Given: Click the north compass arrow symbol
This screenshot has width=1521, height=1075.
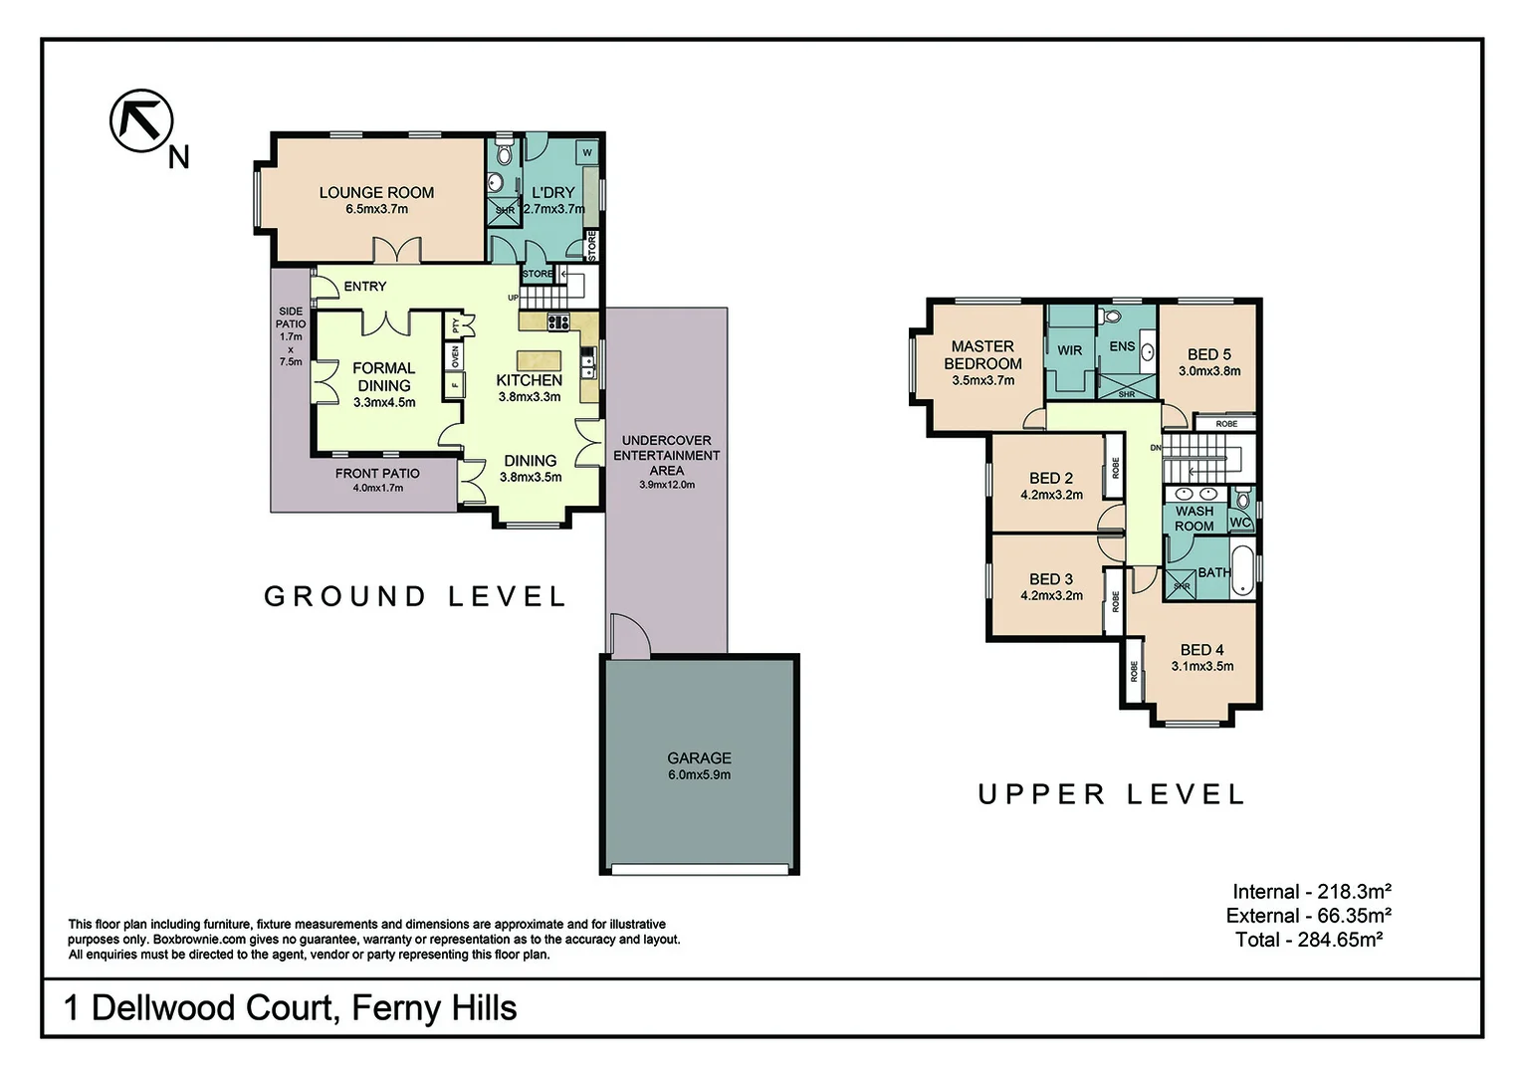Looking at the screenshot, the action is point(141,120).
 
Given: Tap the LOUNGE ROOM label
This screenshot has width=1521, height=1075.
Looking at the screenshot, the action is point(377,193).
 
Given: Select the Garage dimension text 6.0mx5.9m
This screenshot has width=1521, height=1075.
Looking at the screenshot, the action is point(700,774).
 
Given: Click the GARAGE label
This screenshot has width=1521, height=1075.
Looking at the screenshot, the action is point(700,757).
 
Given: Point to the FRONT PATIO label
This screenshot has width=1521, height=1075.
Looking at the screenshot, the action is point(377,474).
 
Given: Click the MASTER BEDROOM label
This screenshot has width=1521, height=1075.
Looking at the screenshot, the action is point(982,355).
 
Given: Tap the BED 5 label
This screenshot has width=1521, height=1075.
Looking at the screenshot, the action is point(1209,354).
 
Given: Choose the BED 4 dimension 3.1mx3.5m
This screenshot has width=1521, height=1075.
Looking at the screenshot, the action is point(1202,666).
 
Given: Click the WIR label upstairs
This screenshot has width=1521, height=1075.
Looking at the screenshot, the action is point(1069,350).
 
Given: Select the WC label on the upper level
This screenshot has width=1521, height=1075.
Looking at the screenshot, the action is point(1240,523).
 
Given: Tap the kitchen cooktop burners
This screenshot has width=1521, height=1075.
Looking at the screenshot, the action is point(558,322).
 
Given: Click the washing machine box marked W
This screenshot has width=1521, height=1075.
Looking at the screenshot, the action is point(587,152).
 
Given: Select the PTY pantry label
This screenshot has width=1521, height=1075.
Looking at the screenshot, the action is point(456,325).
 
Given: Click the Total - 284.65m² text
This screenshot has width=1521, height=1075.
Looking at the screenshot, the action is point(1309,940).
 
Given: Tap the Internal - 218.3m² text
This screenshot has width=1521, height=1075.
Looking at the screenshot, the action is point(1312,892).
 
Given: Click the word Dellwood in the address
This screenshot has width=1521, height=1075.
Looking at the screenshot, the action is point(165,1007).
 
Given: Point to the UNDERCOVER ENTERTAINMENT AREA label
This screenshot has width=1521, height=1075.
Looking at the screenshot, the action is point(667,455).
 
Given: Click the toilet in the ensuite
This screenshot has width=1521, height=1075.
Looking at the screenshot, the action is point(1112,317).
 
